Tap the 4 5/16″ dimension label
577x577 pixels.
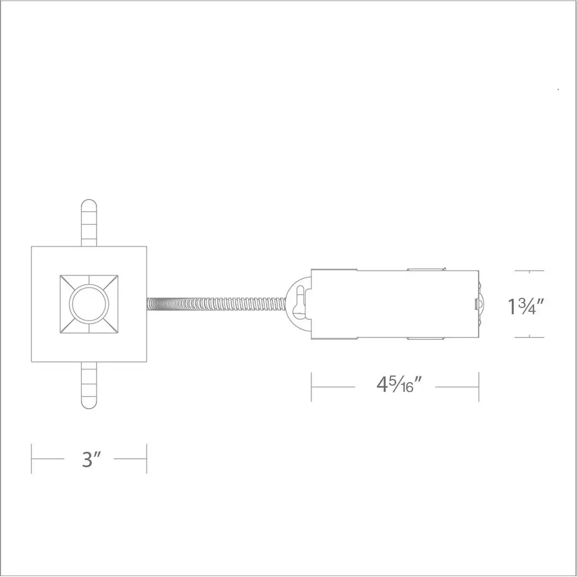(398, 385)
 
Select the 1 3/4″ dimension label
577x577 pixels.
(526, 307)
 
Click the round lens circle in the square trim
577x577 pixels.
(89, 304)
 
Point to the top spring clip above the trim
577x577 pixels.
(88, 223)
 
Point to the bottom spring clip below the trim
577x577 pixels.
(88, 385)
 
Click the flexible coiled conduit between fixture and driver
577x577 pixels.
(216, 304)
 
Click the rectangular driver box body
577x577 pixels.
(395, 304)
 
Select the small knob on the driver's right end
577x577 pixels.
(477, 304)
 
